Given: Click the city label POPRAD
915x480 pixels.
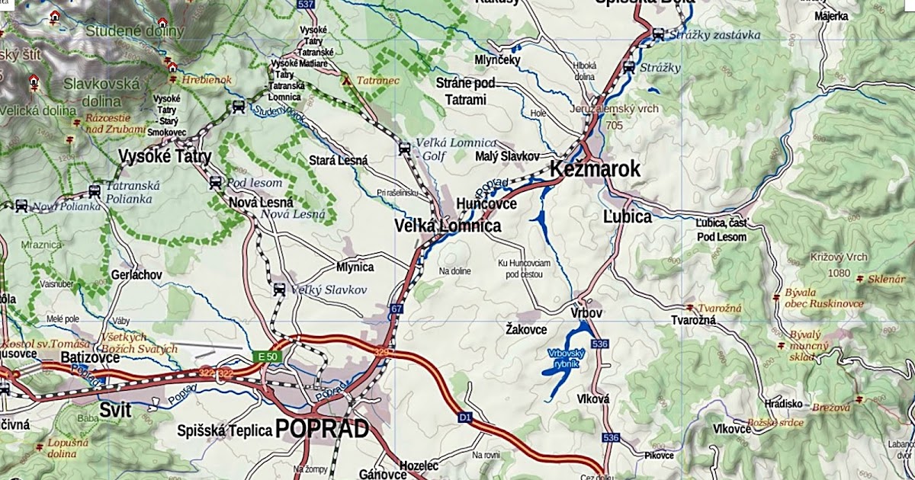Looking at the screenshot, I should (322, 429).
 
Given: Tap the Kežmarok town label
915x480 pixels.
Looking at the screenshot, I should (595, 169).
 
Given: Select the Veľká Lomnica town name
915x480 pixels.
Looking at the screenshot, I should (448, 226).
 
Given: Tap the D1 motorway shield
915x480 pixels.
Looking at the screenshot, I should (465, 418).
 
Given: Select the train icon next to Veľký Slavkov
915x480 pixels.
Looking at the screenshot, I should (279, 290).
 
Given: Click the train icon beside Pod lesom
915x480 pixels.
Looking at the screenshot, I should (215, 183).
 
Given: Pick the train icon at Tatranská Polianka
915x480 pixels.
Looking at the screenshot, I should (95, 191).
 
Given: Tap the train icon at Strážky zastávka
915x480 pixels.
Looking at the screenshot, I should (658, 34).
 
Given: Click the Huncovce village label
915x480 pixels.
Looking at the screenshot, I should (486, 204).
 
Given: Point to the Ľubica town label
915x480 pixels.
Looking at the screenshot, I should (627, 217).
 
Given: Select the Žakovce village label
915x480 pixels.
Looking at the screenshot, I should (526, 329).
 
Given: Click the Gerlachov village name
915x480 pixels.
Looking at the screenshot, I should (136, 274).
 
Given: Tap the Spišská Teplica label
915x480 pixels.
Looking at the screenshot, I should (224, 431).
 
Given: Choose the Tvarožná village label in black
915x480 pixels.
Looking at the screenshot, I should (692, 321).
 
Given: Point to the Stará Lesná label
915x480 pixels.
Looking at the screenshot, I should (338, 161).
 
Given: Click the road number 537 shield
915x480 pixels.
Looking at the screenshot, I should (306, 5).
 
